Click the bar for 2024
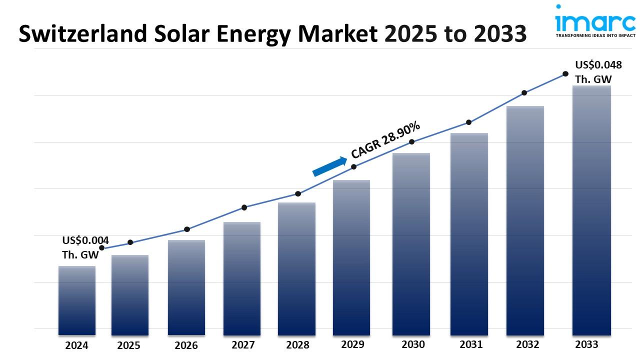[76, 300]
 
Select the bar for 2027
[242, 278]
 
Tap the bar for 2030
[411, 243]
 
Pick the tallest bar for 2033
[592, 210]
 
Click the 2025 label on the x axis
[129, 345]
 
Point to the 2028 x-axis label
[298, 345]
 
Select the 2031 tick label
[471, 344]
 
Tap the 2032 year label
[527, 344]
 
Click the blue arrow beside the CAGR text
[329, 166]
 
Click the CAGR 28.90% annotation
[385, 140]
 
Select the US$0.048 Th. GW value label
[598, 72]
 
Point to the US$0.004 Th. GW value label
[85, 247]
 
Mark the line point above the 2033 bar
[565, 73]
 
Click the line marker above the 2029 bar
[353, 166]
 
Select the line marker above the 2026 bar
[187, 229]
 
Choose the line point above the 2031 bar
[468, 122]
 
